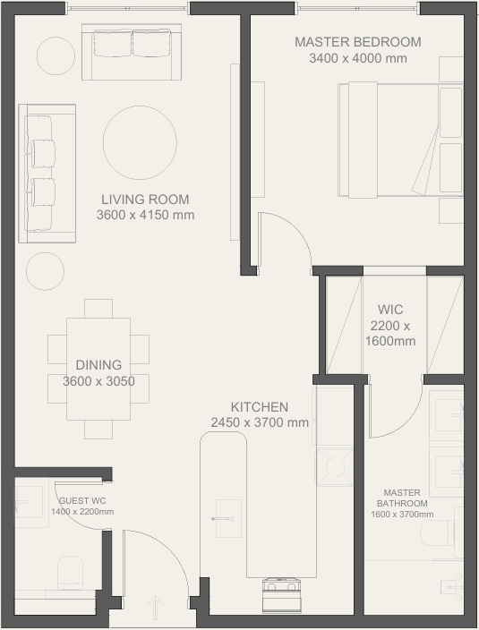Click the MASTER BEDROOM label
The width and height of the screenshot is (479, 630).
358,42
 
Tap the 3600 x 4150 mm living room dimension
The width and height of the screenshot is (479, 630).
145,215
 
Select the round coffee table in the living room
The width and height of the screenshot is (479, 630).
140,142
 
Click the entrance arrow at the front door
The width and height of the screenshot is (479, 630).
155,608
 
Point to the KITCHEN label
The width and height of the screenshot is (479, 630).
260,407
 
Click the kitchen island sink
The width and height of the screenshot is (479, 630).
228,518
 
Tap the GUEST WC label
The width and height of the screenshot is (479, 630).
82,500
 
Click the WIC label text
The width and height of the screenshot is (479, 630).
390,310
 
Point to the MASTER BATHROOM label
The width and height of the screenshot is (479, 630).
402,498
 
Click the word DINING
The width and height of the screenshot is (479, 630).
98,365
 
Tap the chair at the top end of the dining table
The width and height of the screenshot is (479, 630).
98,308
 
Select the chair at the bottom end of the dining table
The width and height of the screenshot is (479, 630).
98,430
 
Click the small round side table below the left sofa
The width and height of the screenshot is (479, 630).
45,271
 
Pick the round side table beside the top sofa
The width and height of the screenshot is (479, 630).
56,55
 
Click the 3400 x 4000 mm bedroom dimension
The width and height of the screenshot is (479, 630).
358,58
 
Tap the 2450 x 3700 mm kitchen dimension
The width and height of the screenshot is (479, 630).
260,422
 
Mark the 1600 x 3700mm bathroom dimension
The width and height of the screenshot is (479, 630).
402,515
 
